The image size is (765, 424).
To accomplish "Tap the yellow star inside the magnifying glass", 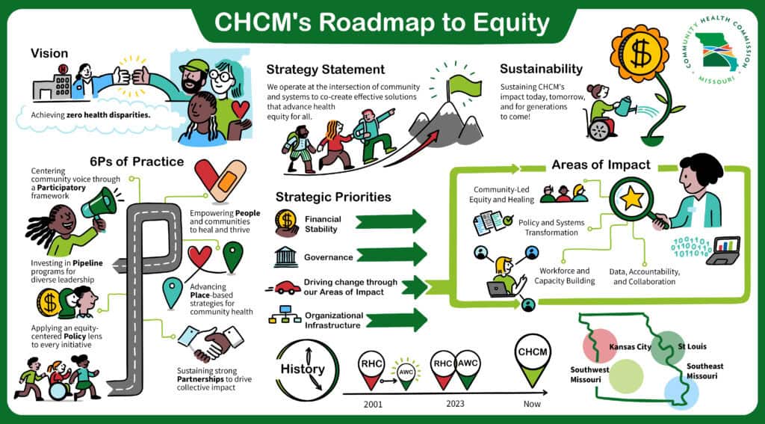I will point(633,198).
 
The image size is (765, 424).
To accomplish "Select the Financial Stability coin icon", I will point(286,221).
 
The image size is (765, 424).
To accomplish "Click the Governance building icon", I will point(285,256).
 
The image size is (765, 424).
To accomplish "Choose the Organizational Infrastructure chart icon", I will point(286,319).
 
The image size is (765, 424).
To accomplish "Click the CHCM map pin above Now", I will point(533,360).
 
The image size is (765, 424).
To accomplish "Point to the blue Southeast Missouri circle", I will point(681,391).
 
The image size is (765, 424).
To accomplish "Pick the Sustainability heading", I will point(541,69).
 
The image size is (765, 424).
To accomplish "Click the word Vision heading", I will point(49,53).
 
